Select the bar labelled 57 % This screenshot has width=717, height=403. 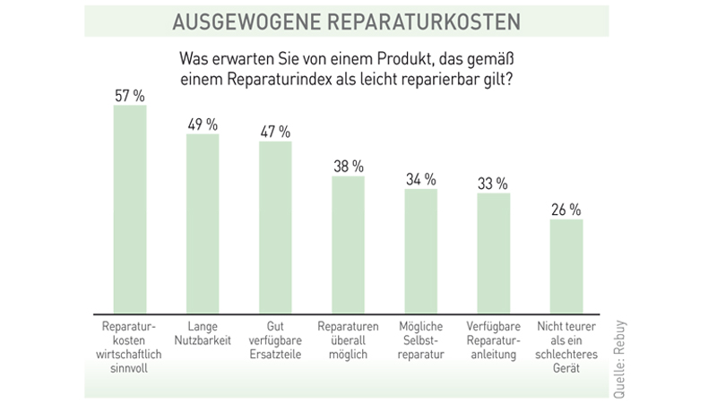pos(129,206)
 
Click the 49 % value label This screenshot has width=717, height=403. pos(202,124)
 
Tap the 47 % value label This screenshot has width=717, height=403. pos(275,131)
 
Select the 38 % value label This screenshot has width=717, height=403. pos(348,166)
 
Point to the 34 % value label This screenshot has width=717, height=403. pos(420,178)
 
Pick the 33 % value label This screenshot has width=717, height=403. pos(493,182)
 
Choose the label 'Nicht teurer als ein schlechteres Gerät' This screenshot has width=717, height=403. pos(566,344)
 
